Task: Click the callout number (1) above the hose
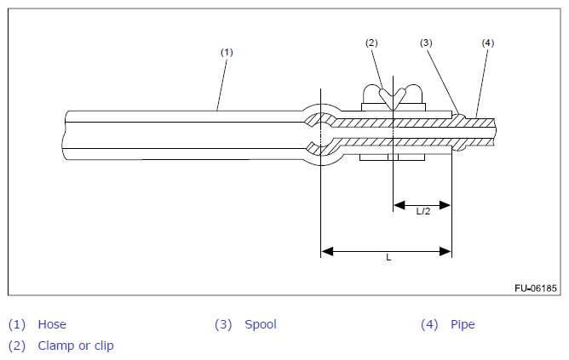click(x=227, y=52)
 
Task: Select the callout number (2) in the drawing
click(x=371, y=43)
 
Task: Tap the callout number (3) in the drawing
click(x=426, y=43)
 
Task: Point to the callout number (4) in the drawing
click(x=488, y=43)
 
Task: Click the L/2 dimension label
click(x=423, y=211)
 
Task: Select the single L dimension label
click(x=388, y=257)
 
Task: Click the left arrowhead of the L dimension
click(x=327, y=251)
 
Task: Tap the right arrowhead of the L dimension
click(x=445, y=251)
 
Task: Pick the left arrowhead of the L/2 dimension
click(x=399, y=205)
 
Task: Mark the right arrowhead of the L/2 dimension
click(x=445, y=205)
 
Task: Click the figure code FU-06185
click(x=536, y=289)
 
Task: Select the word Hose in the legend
click(x=52, y=324)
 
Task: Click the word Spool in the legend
click(x=261, y=324)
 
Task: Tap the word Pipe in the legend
click(x=463, y=324)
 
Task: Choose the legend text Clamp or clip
click(x=76, y=346)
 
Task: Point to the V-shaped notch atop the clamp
click(x=393, y=99)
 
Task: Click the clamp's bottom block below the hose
click(x=393, y=157)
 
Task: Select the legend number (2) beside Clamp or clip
click(x=17, y=346)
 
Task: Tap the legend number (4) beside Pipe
click(x=429, y=324)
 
